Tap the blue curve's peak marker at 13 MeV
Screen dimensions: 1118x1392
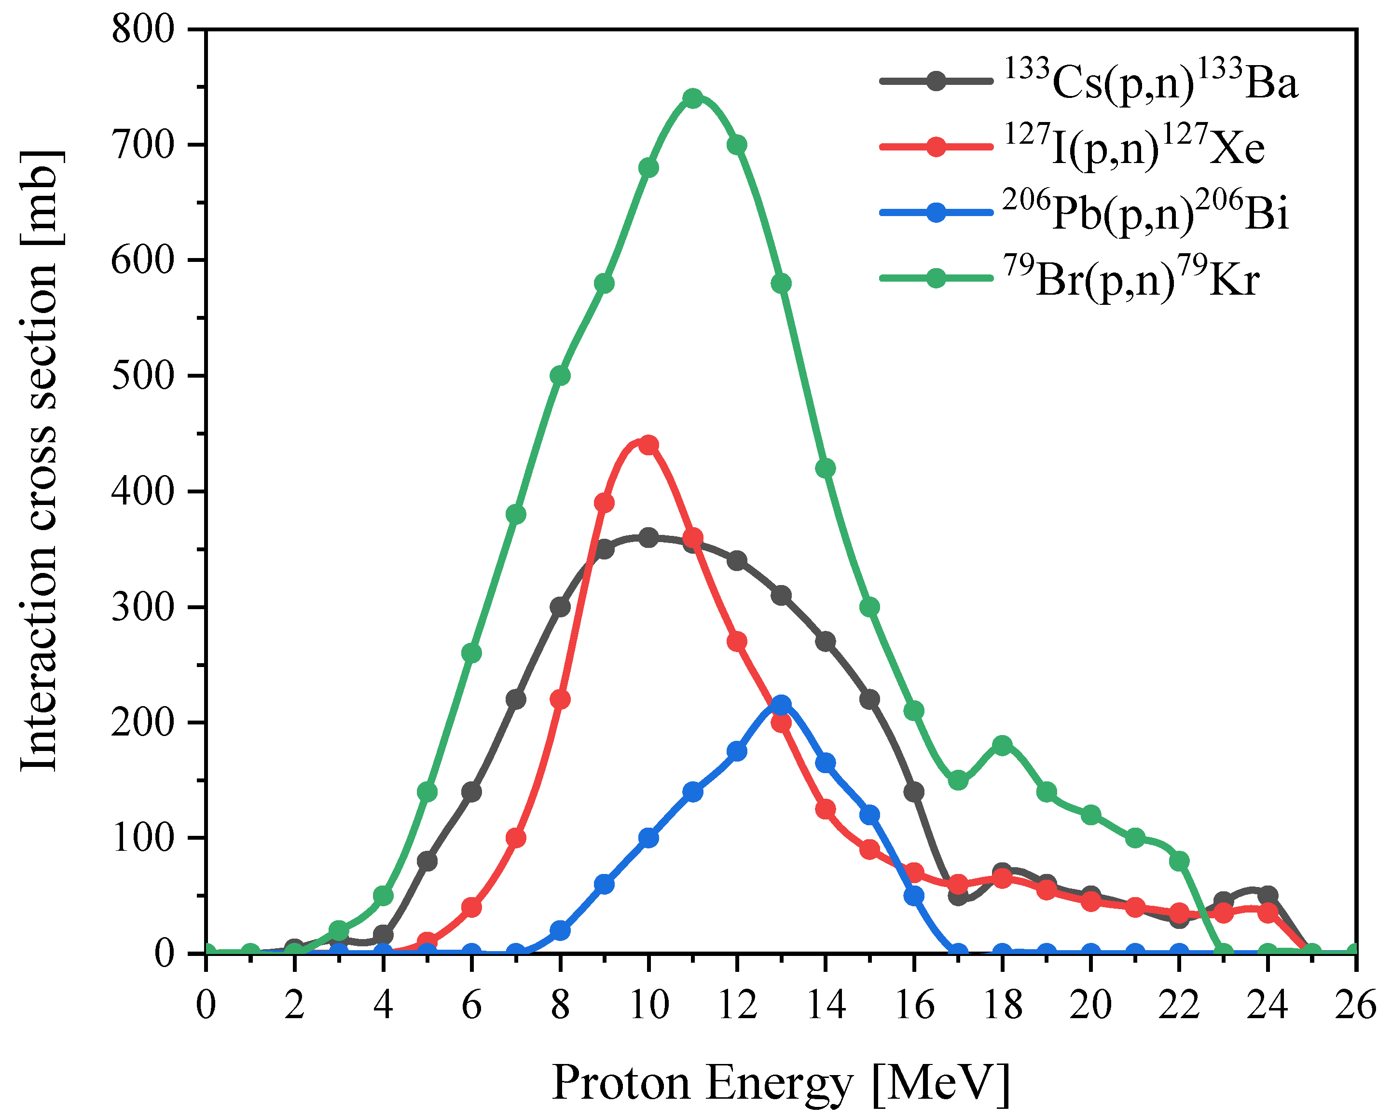781,705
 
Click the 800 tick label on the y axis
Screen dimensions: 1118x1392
143,30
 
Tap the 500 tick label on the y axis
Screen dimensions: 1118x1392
143,376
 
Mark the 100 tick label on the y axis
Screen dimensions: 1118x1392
143,838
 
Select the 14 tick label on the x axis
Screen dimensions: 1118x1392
825,1006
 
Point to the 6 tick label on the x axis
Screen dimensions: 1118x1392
471,1006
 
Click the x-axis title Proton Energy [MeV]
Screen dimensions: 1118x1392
781,1083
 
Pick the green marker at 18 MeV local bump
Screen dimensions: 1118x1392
1002,746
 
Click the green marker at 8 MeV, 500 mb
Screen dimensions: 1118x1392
560,376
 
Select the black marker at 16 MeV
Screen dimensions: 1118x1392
913,792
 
